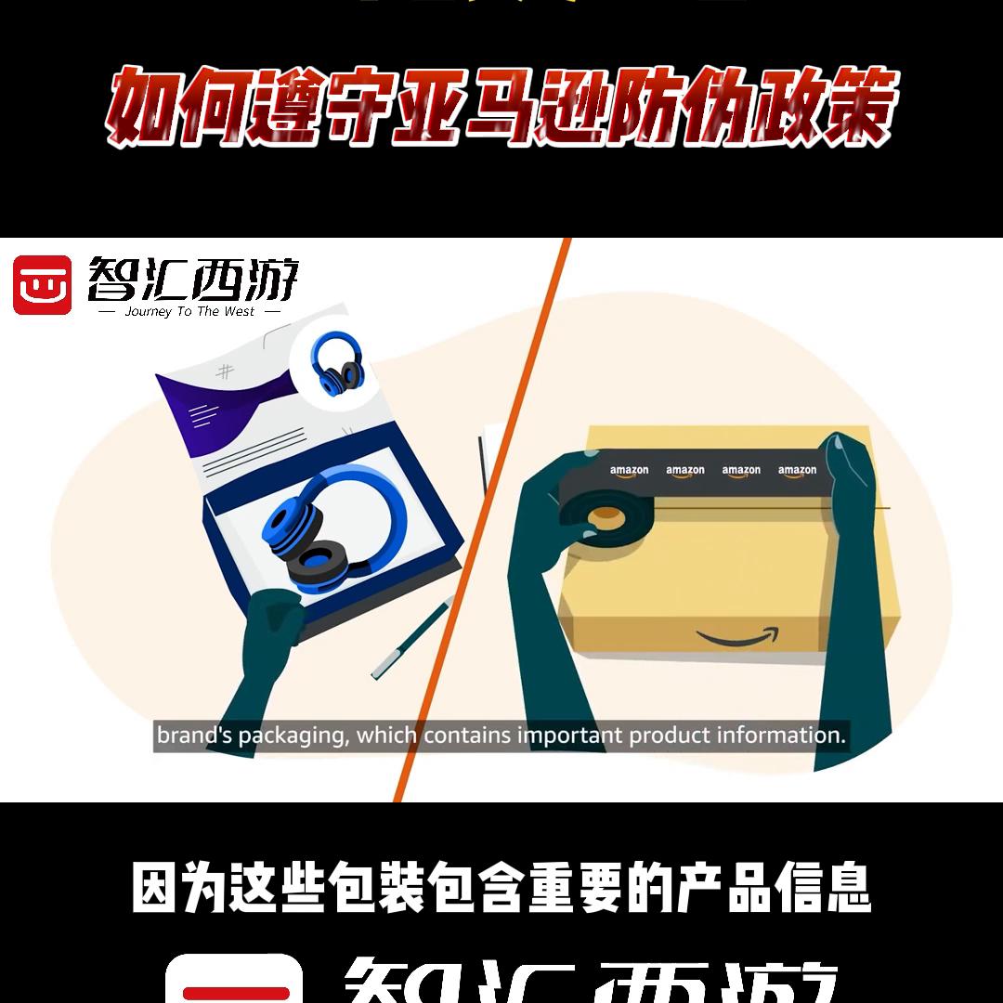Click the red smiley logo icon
[43, 284]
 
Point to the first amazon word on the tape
[629, 471]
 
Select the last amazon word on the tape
[797, 471]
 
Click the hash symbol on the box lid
[225, 372]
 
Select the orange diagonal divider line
[483, 520]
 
